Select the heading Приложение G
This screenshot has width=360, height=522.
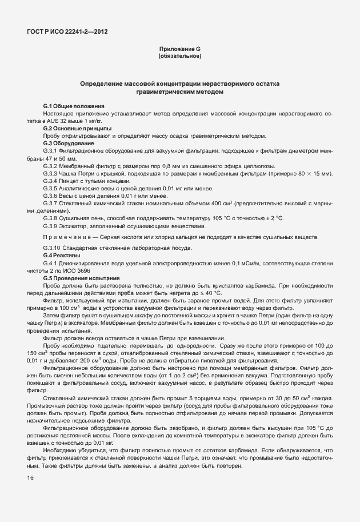click(179, 49)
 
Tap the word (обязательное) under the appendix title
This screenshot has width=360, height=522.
click(179, 56)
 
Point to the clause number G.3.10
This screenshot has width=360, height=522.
click(53, 247)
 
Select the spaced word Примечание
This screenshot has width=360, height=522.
click(66, 236)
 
